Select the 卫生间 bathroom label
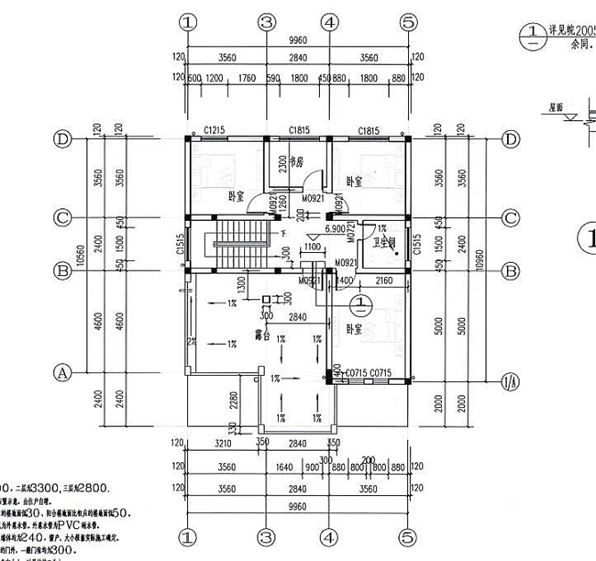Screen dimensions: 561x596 382,242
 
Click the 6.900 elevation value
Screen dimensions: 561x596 334,223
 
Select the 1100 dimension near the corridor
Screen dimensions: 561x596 312,246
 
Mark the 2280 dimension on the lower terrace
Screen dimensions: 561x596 236,402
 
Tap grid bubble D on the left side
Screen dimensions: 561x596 63,139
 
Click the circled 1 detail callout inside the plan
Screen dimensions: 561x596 361,300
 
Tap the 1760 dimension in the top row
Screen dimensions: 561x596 246,79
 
